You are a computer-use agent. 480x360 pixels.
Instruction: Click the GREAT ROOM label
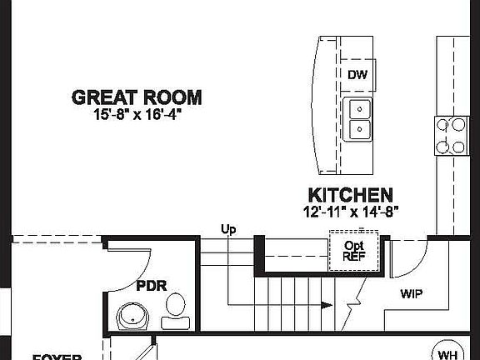pos(137,97)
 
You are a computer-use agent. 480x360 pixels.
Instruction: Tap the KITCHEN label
pos(351,195)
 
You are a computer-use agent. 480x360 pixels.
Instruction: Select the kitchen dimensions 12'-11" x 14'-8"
pos(351,211)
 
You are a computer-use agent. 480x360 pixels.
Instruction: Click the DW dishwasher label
pos(357,76)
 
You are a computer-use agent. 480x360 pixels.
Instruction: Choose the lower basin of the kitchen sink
pos(358,129)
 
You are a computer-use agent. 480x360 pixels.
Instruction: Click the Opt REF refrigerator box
pos(355,252)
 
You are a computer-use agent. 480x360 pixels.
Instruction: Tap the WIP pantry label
pos(412,294)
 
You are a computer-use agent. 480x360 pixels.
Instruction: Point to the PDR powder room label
pos(152,286)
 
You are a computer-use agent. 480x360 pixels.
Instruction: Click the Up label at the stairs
pos(227,228)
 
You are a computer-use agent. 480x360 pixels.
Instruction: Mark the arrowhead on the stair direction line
pos(323,305)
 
